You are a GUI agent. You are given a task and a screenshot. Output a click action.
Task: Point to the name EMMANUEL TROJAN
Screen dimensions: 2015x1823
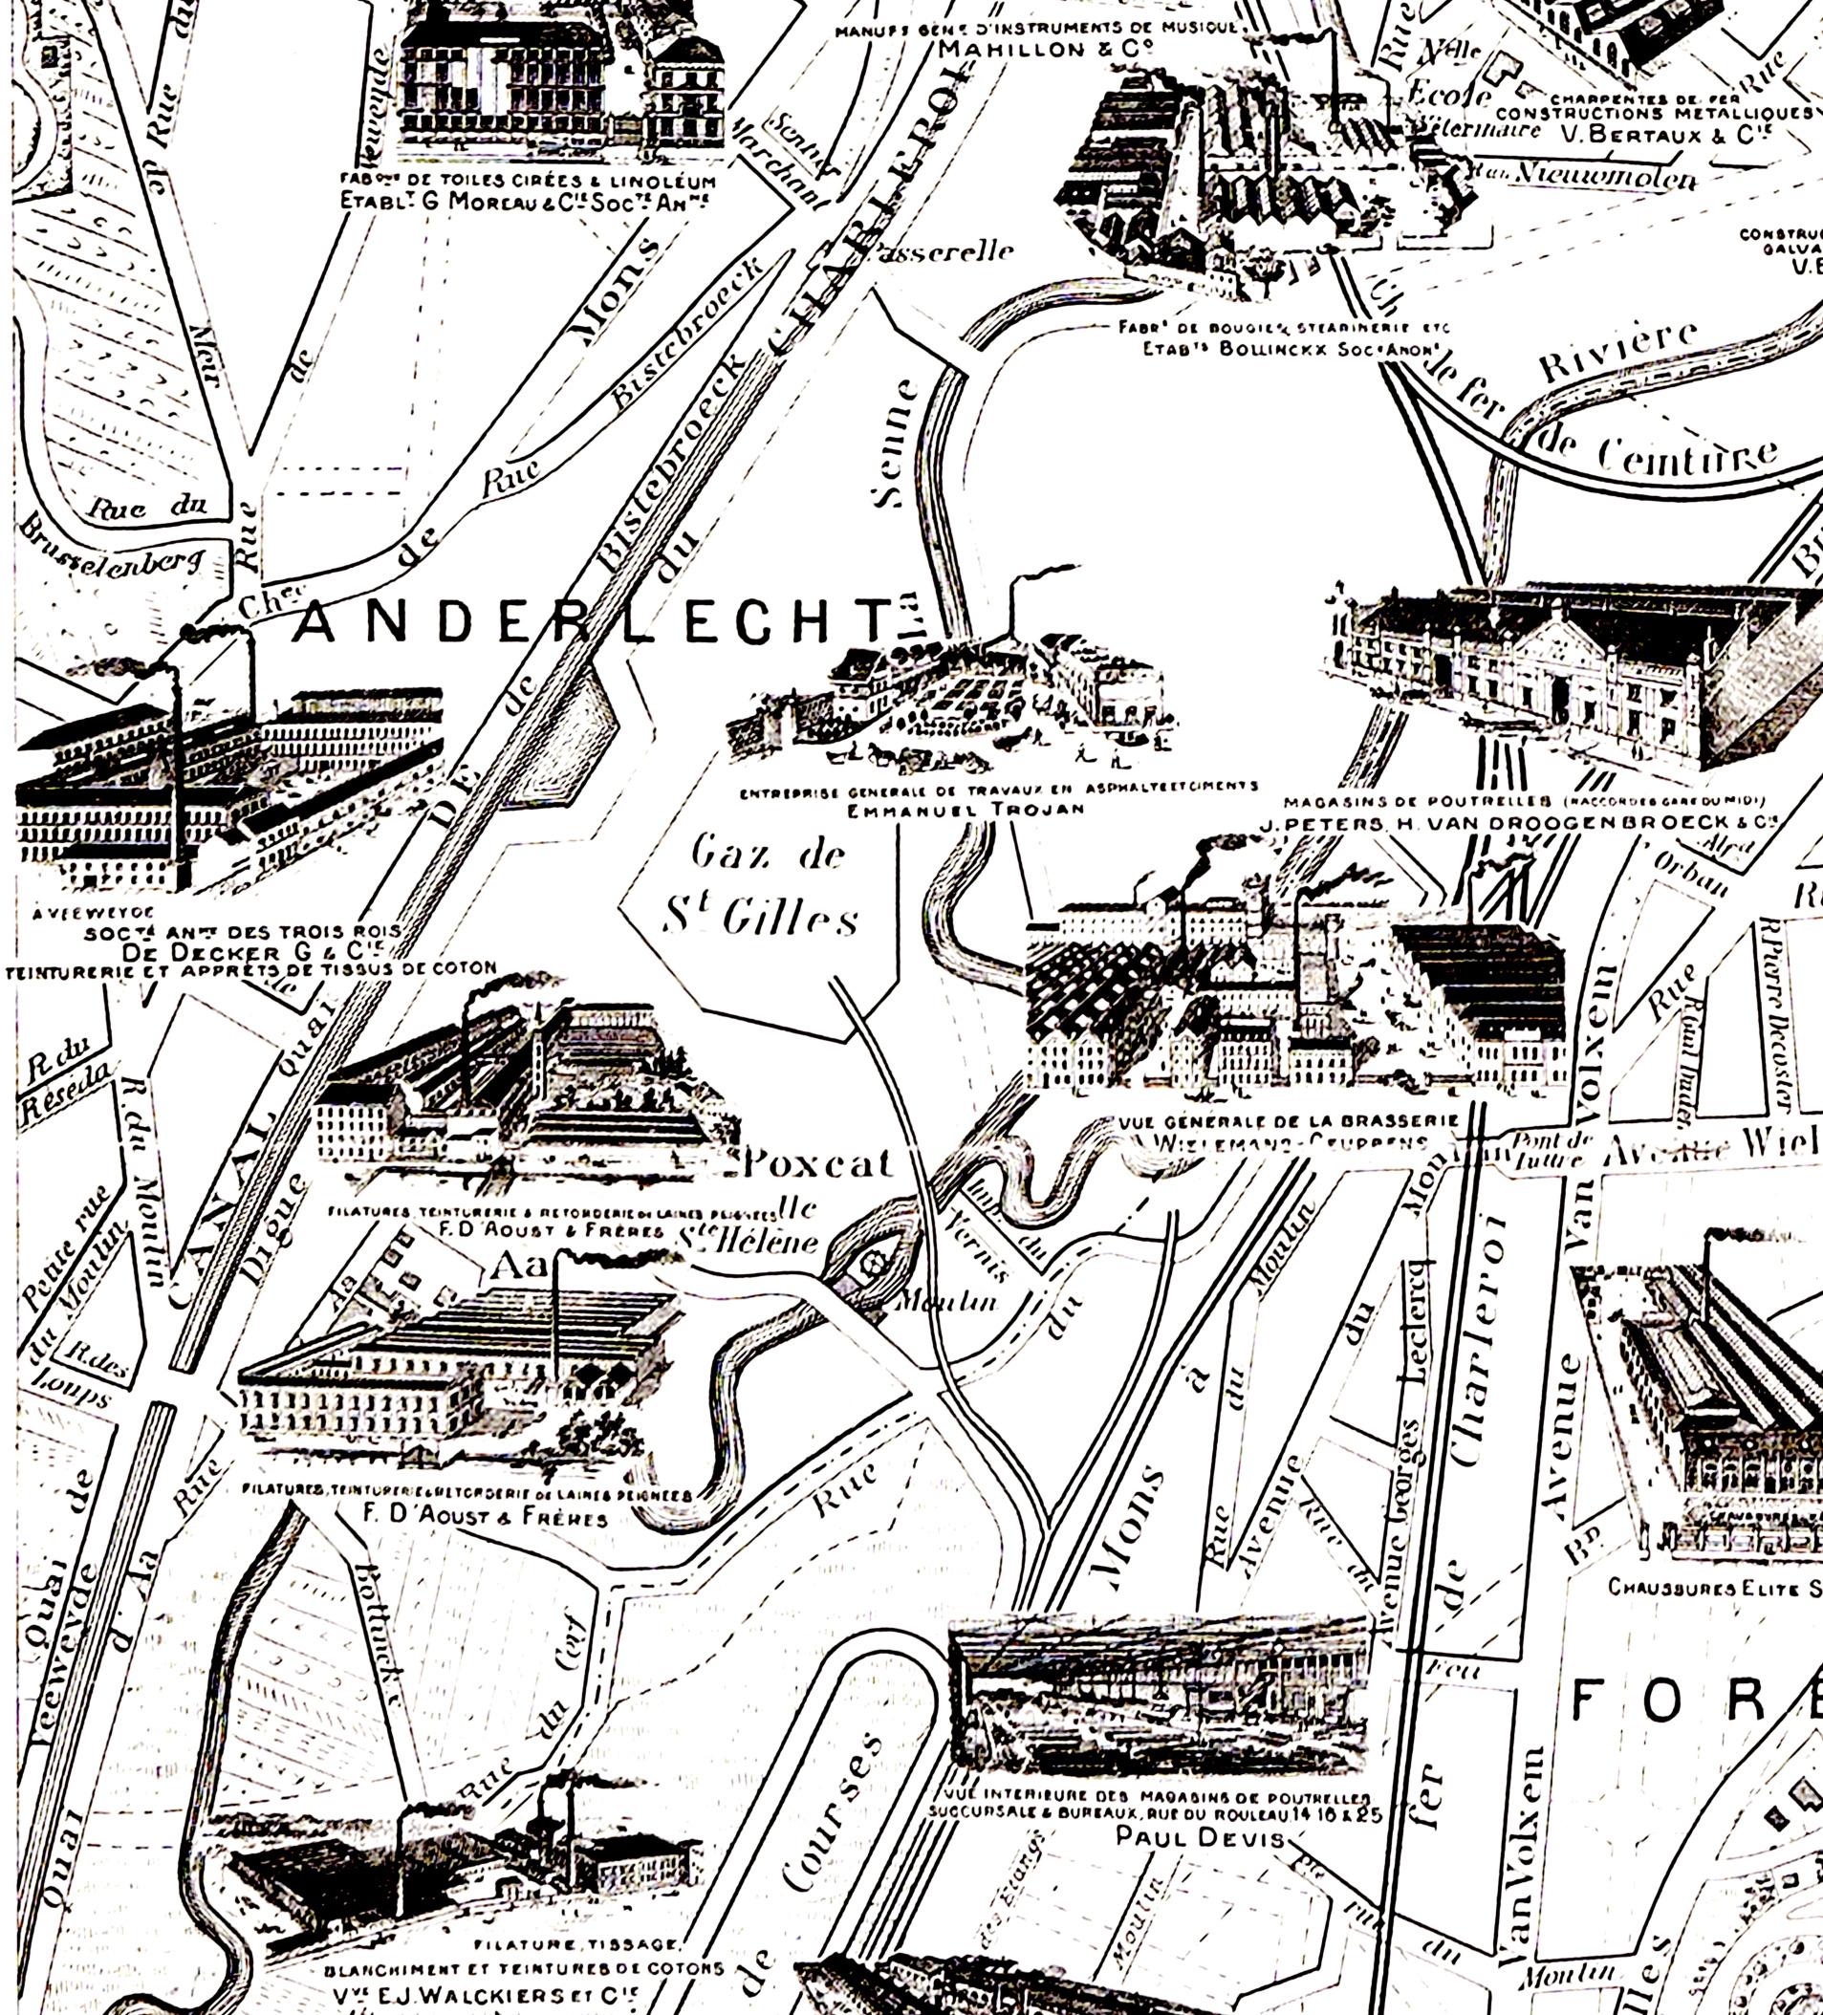pos(966,810)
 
